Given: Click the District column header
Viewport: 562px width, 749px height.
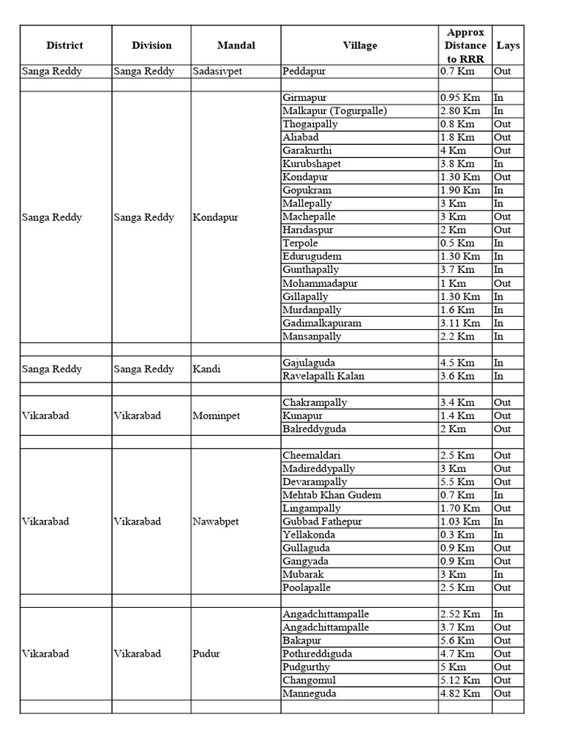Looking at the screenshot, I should pos(64,45).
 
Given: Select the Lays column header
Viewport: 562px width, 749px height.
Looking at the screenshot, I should pos(508,45).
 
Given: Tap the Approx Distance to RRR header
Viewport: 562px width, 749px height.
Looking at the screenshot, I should pos(465,45).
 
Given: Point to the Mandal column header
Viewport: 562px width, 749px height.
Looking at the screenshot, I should pos(236,45).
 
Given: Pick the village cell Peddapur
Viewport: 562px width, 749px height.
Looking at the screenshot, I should pos(305,72).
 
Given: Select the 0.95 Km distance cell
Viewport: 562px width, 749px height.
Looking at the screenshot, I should pos(460,98).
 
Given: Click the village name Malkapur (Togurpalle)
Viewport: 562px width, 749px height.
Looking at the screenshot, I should pos(334,111).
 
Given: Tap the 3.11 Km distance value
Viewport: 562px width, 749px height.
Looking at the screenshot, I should pos(460,323).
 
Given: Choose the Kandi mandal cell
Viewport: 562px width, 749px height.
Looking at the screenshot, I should pos(206,369).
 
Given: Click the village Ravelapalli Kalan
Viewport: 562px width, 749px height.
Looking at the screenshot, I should pos(323,376).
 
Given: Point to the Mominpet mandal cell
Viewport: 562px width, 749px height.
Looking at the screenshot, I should pos(216,415).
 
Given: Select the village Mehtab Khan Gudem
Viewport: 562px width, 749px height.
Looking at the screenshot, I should pos(331,495).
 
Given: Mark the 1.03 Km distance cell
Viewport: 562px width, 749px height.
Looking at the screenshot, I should pos(460,522).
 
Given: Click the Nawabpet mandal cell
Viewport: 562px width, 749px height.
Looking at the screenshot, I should pos(216,522).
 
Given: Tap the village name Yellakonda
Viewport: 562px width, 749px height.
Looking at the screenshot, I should pos(308,535).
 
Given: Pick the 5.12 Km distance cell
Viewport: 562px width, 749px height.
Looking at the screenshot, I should pos(460,680).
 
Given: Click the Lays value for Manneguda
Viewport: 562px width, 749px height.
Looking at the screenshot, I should pos(502,693).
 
